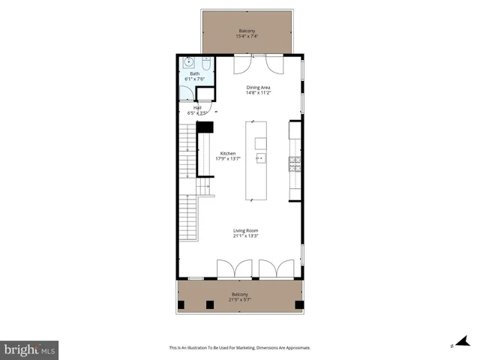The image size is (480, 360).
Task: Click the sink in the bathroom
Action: point(188,64)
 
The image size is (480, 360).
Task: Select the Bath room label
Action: point(194,73)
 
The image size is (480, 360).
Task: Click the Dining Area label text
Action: point(259,87)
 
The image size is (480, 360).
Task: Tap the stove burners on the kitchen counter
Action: point(295,163)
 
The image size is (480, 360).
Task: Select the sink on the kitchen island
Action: point(260,158)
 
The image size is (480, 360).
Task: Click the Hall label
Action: point(197,107)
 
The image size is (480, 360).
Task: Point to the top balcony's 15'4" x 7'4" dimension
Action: point(247,36)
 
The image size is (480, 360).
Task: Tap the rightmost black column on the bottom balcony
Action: point(298,304)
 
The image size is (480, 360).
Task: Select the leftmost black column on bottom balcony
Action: point(181,304)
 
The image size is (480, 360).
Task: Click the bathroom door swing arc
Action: point(187,92)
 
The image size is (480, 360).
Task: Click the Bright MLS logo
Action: point(30,349)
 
